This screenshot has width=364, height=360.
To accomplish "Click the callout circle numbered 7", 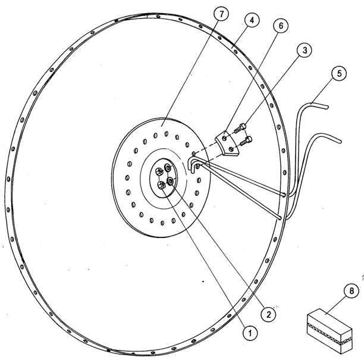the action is coord(221,14).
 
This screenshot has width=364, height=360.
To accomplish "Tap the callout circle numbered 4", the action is coord(252,20).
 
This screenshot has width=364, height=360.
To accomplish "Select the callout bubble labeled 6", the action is coord(281,26).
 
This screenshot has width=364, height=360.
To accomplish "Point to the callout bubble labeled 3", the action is coord(305,50).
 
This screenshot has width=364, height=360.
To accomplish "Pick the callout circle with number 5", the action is coord(339,74).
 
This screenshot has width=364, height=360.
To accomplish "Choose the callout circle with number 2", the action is coord(269,314).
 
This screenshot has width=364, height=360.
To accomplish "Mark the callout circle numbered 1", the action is coord(250,334).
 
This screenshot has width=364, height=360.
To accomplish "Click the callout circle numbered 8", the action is coord(352,291).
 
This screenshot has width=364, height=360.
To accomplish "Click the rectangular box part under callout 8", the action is coord(330,331).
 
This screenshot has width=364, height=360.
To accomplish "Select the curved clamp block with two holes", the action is coord(227,144).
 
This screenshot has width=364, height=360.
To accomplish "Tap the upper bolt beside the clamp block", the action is coord(240,128).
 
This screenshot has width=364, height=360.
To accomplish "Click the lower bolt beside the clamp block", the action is coord(246,141).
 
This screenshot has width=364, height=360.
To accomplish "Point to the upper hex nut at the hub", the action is coord(159,171).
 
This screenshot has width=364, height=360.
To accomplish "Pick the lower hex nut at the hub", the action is coord(161,185).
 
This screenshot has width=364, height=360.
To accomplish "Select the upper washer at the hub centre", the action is coord(168,167).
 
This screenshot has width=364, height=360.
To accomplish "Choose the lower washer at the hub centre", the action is coord(171,180).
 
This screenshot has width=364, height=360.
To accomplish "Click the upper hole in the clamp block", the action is coord(224,139).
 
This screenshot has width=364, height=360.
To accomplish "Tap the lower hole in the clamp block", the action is coord(231,149).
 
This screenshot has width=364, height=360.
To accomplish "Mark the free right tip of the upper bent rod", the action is coord(327,107).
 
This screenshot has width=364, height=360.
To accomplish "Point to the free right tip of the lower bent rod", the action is coord(340,141).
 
